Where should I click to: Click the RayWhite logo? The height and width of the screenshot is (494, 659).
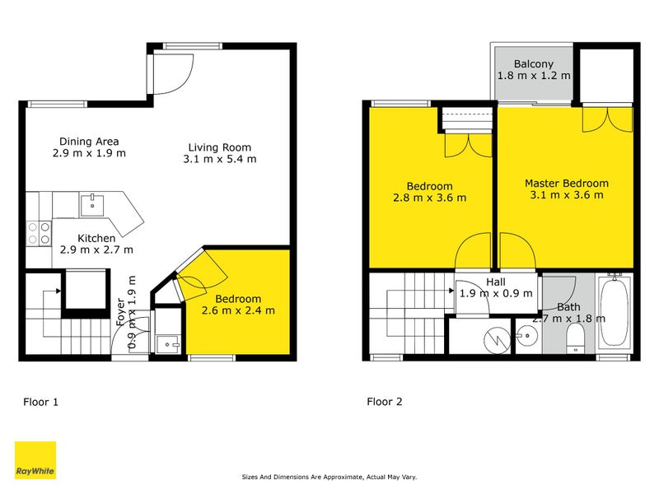click(35, 460)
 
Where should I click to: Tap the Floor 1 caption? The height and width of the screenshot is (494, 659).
click(40, 403)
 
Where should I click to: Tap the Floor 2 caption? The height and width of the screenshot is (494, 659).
click(385, 403)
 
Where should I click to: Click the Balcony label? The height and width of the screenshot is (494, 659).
click(534, 64)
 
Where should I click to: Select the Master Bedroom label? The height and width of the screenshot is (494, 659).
click(567, 184)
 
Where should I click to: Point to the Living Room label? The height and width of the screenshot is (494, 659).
click(218, 148)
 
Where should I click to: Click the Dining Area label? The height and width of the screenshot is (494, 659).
click(90, 141)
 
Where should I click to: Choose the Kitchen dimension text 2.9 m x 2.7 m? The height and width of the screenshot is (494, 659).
click(97, 249)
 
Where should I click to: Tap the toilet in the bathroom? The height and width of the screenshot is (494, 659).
click(576, 336)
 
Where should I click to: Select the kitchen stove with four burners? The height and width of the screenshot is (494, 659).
click(39, 233)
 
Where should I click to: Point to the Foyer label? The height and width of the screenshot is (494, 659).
click(120, 315)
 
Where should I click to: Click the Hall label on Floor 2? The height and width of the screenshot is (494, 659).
click(496, 282)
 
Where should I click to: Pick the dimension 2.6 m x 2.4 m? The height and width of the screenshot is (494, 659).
click(238, 310)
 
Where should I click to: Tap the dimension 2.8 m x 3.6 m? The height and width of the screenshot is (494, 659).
click(429, 198)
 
